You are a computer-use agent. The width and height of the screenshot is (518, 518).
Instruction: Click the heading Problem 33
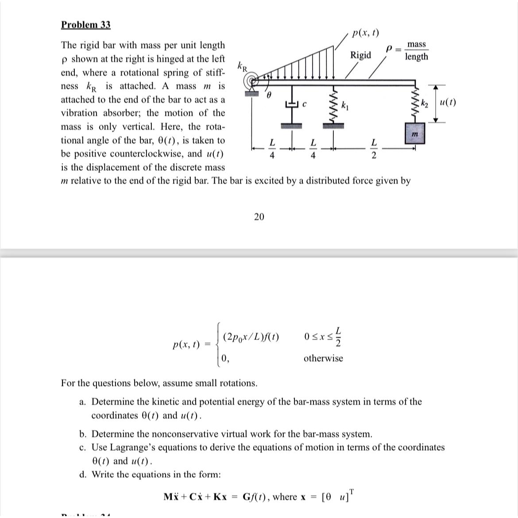coord(85,24)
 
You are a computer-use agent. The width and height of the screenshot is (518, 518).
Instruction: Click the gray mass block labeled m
coord(415,134)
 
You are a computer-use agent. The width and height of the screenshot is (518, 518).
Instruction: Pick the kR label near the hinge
coord(243,66)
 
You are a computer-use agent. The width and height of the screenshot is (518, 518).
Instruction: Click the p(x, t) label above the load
coord(365,33)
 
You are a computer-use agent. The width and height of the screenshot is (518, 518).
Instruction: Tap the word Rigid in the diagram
coord(360,55)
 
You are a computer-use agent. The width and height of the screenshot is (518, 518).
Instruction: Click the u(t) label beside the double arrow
coord(448,102)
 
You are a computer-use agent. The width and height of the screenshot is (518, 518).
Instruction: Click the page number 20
coord(259,216)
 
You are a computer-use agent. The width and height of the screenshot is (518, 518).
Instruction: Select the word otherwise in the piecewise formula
coord(323,358)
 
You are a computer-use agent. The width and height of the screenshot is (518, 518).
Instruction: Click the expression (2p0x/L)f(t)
coord(251,336)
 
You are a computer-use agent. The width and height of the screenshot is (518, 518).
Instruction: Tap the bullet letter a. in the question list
coord(82,402)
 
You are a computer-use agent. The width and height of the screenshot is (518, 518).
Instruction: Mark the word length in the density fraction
coord(417,57)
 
